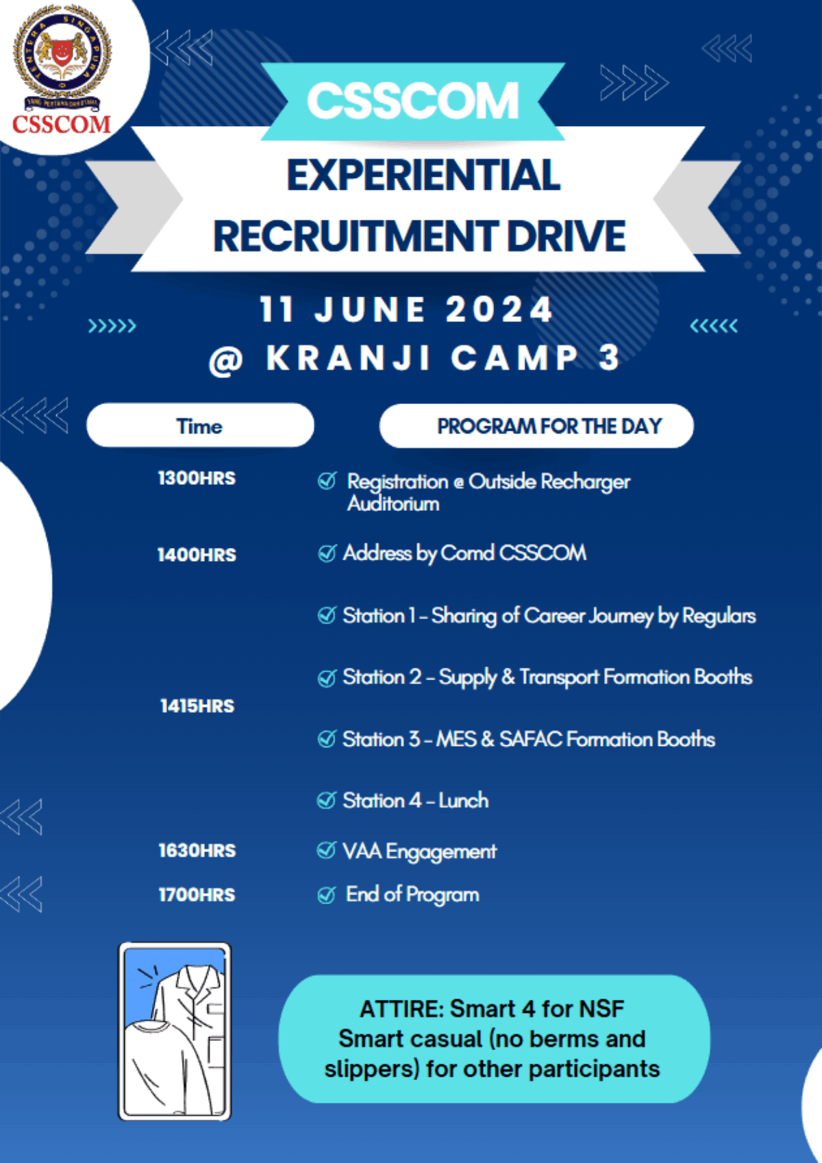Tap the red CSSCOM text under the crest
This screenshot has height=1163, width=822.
point(62,124)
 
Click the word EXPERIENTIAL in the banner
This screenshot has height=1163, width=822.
point(423,175)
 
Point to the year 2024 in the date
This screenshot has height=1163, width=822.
point(499,310)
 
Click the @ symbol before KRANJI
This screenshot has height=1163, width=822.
point(225,360)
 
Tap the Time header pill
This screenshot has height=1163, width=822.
point(200,425)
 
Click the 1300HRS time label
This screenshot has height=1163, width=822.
point(197,478)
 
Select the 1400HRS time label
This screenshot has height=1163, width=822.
point(197,555)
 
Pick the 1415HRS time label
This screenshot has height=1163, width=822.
point(197,706)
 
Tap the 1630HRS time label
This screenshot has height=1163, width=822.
point(197,851)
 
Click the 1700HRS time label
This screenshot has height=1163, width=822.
point(197,895)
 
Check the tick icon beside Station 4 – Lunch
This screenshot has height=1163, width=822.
point(327,800)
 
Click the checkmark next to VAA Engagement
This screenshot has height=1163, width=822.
point(327,851)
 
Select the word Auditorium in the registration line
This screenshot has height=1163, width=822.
point(393,504)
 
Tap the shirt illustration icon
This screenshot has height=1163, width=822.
point(175,1031)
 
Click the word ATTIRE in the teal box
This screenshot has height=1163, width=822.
point(401,1009)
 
